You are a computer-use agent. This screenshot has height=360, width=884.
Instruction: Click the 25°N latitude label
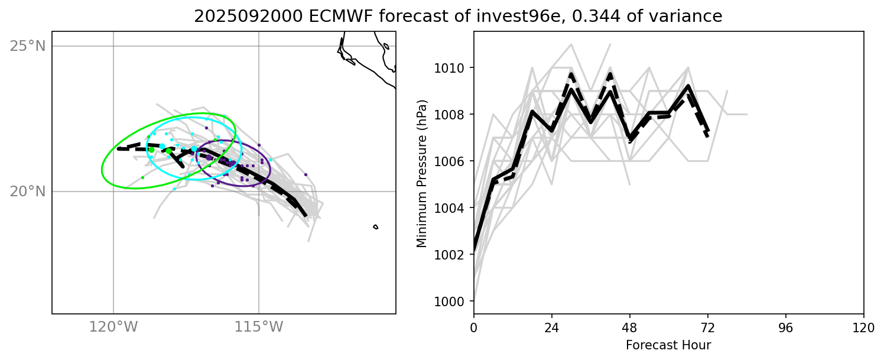coord(28,46)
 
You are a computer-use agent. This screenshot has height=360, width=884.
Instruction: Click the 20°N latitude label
coord(28,192)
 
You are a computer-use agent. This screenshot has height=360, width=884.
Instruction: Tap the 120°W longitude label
coord(113,326)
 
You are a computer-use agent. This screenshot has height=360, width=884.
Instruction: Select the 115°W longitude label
coord(259,326)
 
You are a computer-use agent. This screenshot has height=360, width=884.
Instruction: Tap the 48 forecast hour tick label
coord(630,327)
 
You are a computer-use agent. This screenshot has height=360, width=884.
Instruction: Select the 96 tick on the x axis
coord(786,327)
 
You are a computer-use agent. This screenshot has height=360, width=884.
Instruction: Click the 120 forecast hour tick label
coord(864,327)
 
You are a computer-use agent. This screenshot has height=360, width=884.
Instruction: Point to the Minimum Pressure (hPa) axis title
coord(421,173)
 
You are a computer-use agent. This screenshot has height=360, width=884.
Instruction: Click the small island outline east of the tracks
coord(375,227)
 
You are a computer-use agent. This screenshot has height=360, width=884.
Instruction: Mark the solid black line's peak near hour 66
coord(688,86)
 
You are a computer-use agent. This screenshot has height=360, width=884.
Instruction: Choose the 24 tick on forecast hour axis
coord(552,327)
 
